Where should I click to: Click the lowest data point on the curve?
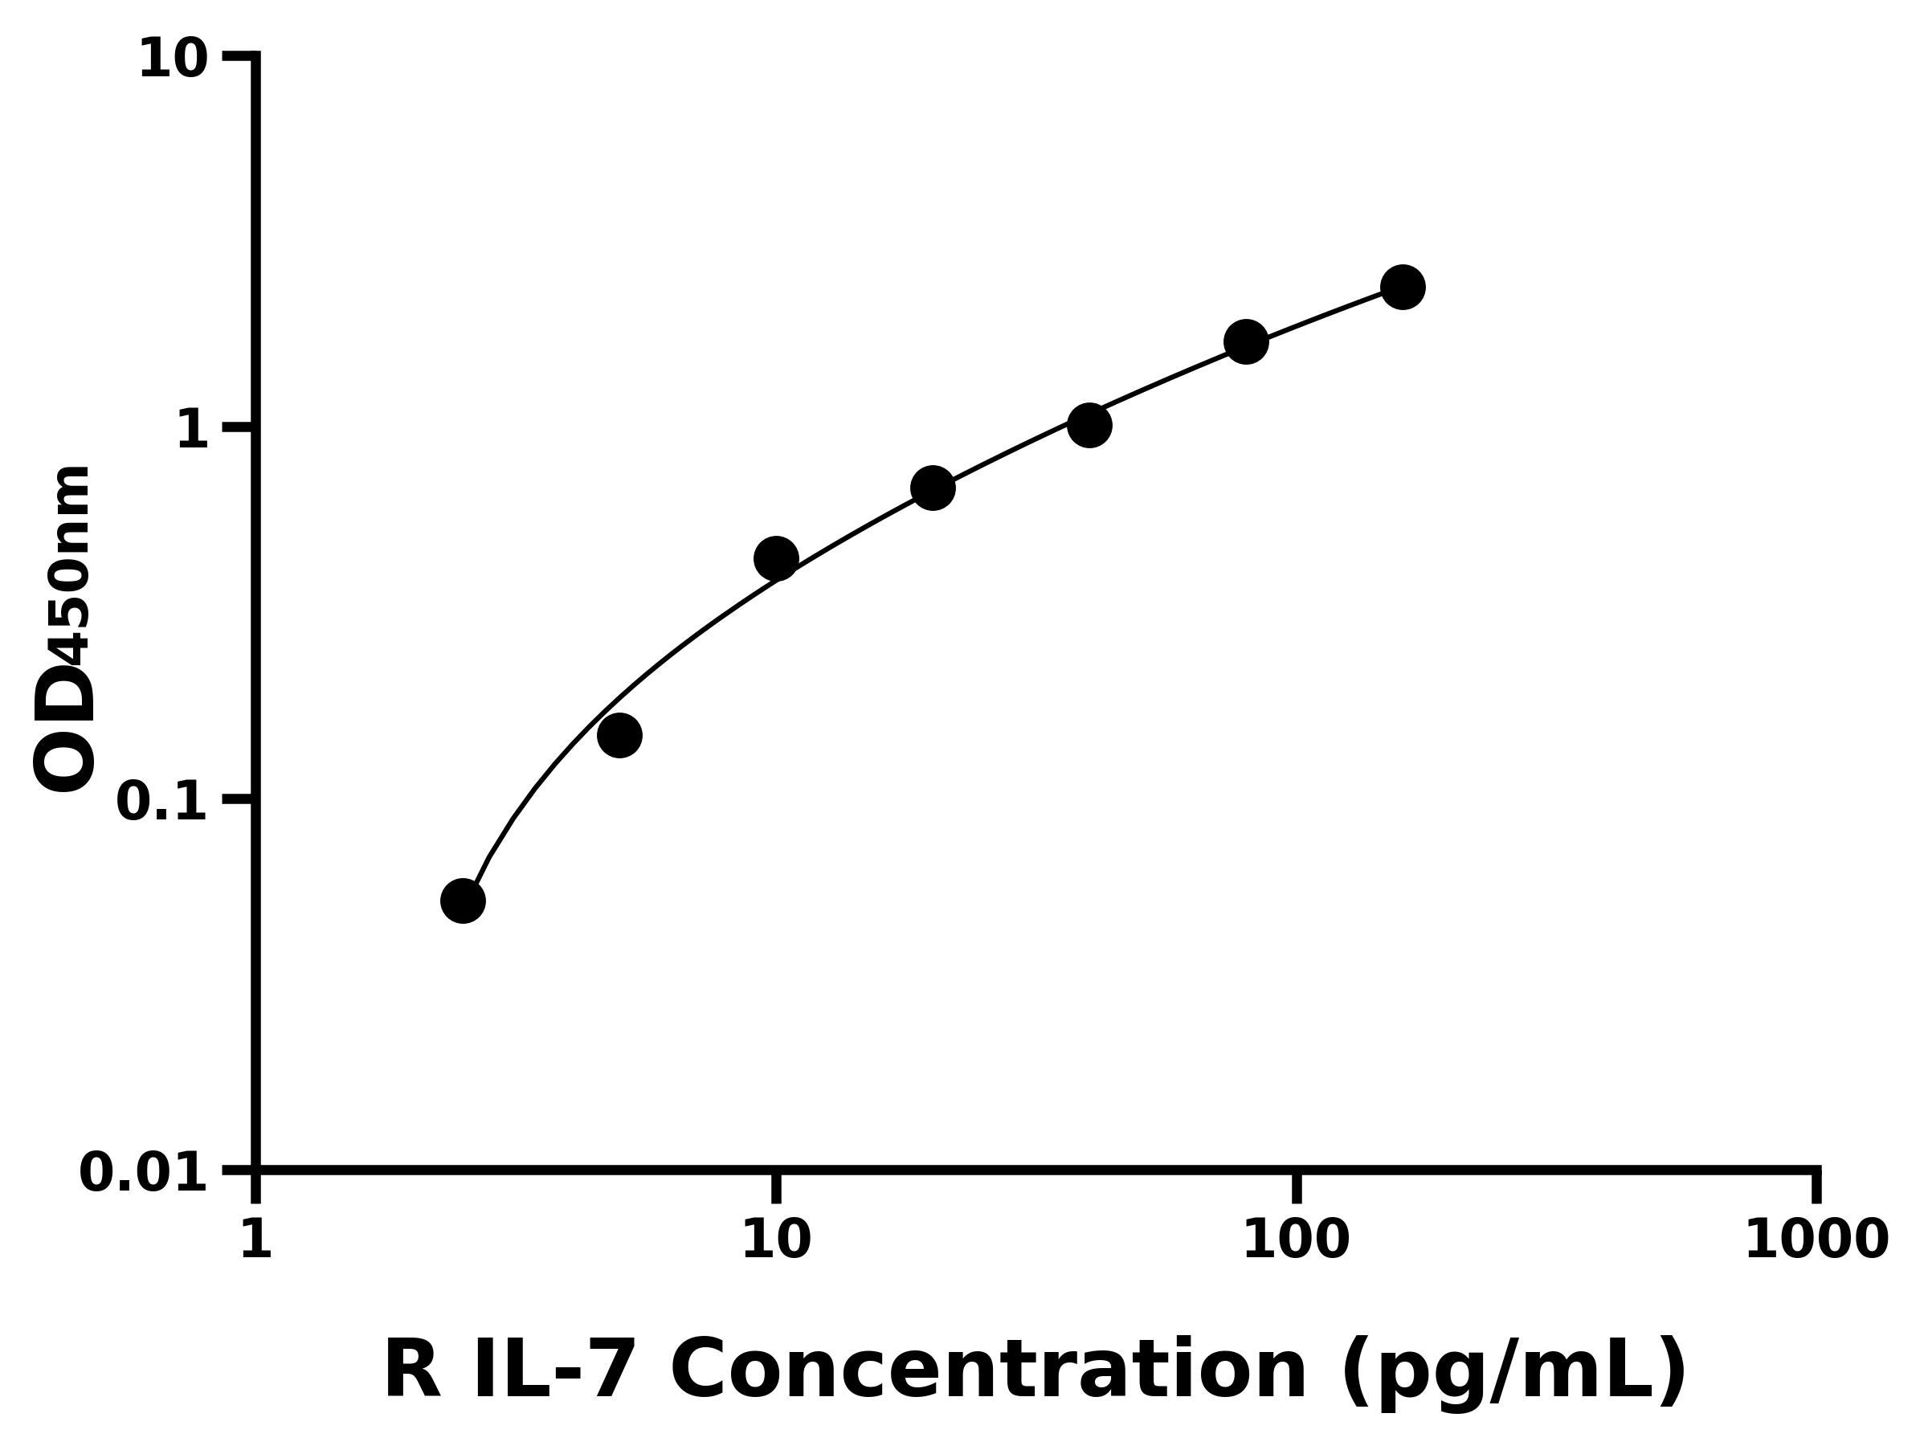(463, 901)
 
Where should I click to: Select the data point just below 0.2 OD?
(619, 735)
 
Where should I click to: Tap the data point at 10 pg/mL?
(776, 558)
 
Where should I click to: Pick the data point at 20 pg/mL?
(933, 488)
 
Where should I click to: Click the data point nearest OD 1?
(1089, 425)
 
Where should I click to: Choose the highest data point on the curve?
(1403, 287)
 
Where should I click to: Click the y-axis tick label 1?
(193, 431)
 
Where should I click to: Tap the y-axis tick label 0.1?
(162, 802)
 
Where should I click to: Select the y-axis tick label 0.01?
(144, 1173)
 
